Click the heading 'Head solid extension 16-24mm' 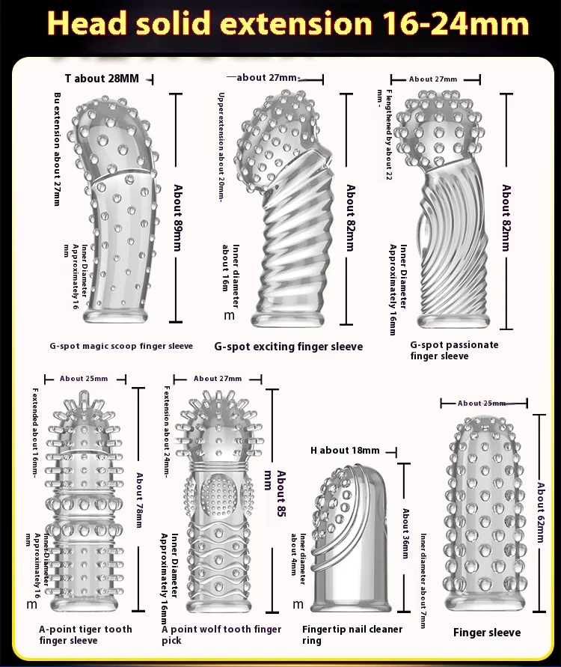288,24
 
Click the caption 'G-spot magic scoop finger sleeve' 122,346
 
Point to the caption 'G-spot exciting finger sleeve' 288,347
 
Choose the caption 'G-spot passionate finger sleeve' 453,350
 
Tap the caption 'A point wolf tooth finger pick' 221,635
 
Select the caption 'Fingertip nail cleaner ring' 352,635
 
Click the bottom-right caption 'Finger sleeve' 487,633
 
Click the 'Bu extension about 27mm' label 59,149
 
